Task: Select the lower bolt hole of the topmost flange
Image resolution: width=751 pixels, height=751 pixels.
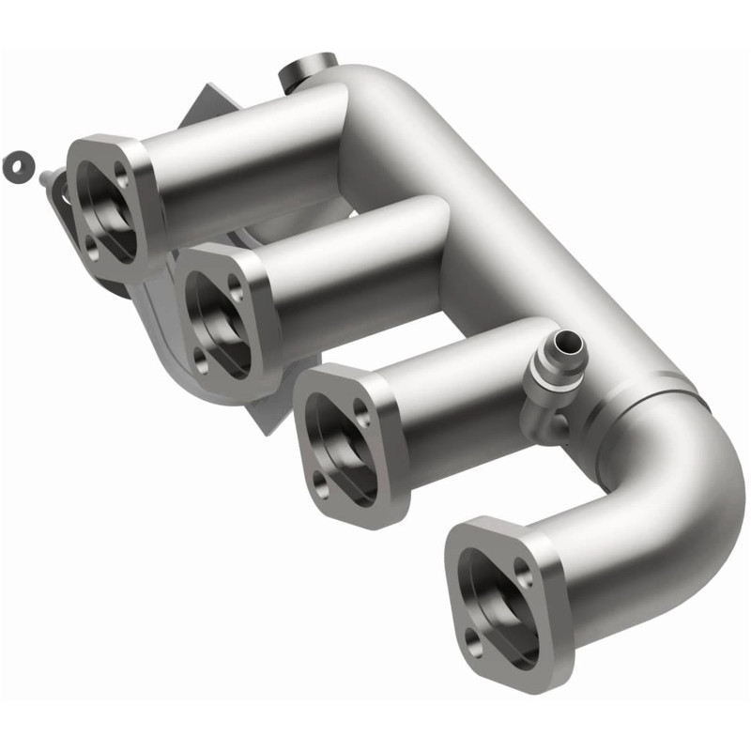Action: tap(90, 246)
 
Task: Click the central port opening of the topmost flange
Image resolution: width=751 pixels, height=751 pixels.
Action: tap(104, 208)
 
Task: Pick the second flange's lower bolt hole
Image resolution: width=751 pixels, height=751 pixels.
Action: tap(202, 358)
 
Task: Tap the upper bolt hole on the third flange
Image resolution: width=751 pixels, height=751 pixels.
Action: tap(360, 418)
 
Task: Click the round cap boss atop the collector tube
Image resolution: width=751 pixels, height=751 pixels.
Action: tap(307, 69)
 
